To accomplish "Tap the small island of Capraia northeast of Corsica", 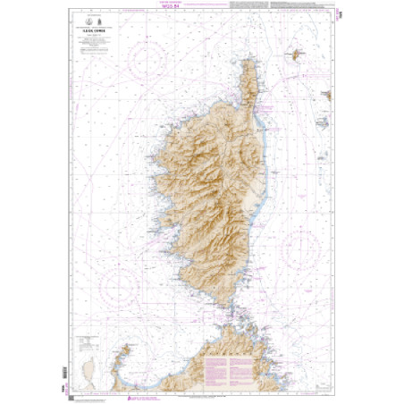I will (292, 56).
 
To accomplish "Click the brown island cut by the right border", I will (330, 95).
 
